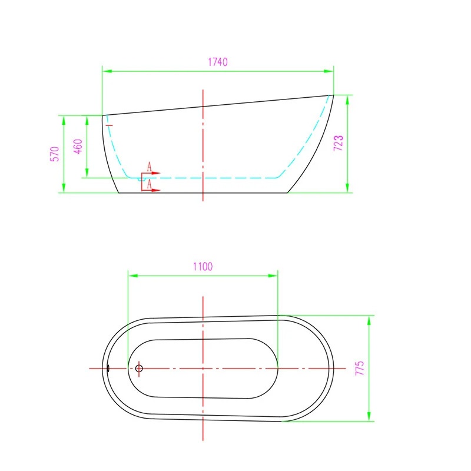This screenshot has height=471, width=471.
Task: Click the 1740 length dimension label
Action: [x=218, y=62]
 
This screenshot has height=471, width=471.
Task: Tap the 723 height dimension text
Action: [x=338, y=143]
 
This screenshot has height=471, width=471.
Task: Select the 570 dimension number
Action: [x=55, y=154]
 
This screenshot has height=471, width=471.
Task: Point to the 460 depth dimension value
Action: [x=78, y=146]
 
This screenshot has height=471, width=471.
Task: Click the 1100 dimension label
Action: [x=203, y=267]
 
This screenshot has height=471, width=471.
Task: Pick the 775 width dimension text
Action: [x=360, y=368]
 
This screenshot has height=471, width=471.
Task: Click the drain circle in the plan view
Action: [x=139, y=369]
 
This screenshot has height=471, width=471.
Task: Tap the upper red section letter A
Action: [x=150, y=167]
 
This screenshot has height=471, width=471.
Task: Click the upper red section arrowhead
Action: [x=156, y=173]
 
